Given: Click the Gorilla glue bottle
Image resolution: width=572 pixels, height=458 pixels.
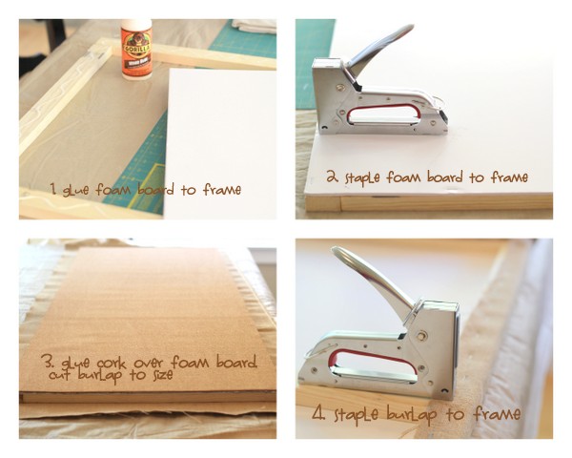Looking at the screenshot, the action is point(136,50).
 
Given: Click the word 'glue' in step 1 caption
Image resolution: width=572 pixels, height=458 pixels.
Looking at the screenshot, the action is point(75,191).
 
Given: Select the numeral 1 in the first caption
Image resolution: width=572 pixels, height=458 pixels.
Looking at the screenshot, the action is point(53,189).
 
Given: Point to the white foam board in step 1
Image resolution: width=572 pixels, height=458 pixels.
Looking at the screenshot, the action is point(220,144).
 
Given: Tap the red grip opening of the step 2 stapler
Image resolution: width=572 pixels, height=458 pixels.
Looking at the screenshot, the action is point(383,113).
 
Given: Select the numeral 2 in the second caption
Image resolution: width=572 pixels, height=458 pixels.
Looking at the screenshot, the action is point(332,177).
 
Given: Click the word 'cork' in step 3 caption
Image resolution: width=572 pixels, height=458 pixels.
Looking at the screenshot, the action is point(112,363).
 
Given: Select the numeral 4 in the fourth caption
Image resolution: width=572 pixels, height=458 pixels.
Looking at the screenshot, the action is point(318,413).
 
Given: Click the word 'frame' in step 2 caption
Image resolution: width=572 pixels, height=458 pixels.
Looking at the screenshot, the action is point(510,177).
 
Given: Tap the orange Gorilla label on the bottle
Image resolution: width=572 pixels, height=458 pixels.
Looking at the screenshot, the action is point(136,52).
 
